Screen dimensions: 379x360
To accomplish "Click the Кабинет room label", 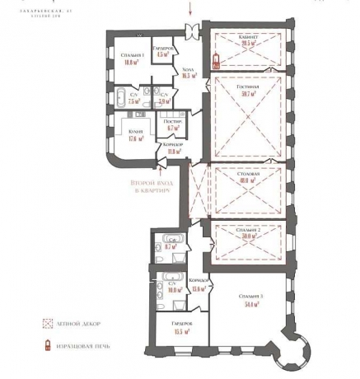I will coord(241,42).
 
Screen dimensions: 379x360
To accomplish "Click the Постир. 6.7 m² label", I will coord(173,126).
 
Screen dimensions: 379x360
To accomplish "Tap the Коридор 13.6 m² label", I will coord(197,285).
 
